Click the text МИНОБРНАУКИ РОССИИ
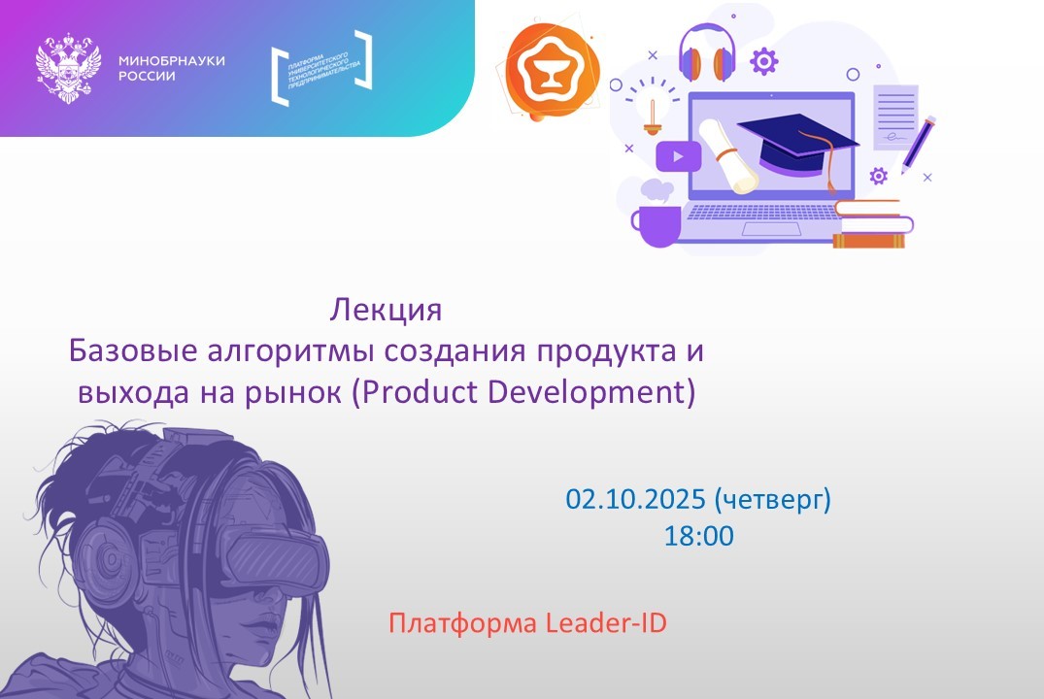(171, 68)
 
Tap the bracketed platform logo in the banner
(321, 68)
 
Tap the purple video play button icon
(678, 155)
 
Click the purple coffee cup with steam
(657, 217)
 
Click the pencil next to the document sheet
(919, 144)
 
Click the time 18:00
(699, 535)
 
